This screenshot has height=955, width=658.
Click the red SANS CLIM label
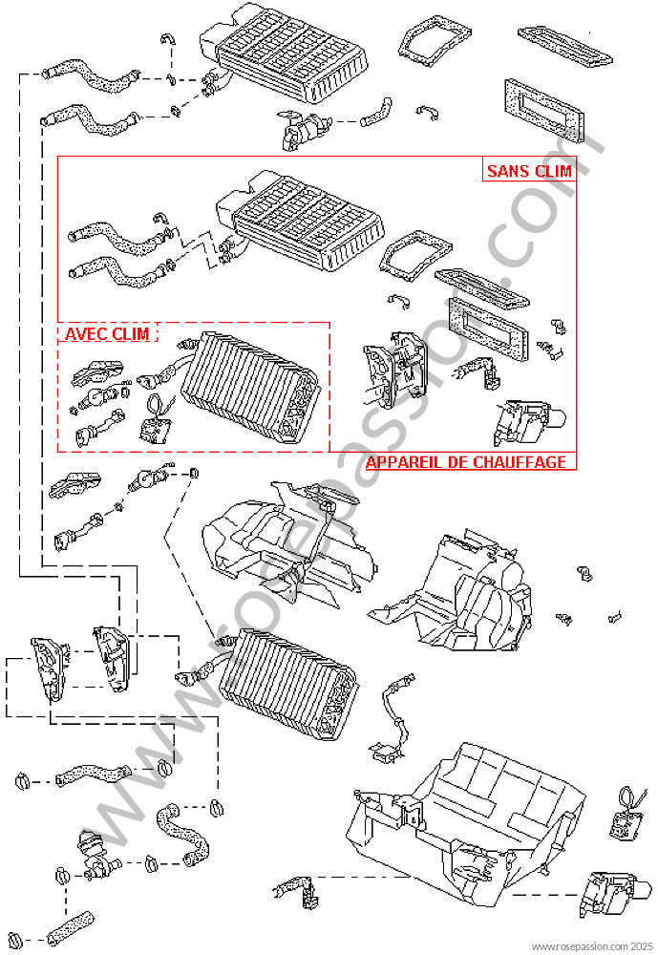[x=529, y=171]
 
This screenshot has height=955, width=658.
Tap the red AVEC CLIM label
[x=106, y=334]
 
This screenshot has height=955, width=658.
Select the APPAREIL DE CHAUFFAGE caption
[x=466, y=462]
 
